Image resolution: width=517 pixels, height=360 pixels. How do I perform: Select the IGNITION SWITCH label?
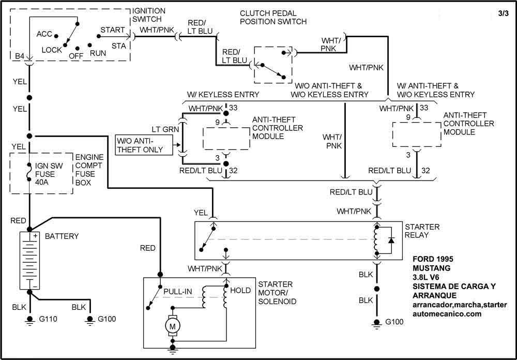149,15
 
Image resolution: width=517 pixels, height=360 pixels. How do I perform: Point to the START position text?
112,31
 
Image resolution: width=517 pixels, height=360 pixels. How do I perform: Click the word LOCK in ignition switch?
52,50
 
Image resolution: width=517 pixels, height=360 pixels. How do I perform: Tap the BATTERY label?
62,236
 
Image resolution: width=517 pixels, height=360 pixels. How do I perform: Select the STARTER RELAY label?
422,231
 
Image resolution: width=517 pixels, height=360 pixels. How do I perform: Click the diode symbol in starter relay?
391,241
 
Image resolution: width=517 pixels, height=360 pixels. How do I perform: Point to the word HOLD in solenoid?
241,291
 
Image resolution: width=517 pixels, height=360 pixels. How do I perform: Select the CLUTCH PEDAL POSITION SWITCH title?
273,17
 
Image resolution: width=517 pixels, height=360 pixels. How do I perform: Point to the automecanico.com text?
448,313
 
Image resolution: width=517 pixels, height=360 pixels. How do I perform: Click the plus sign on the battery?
36,236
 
